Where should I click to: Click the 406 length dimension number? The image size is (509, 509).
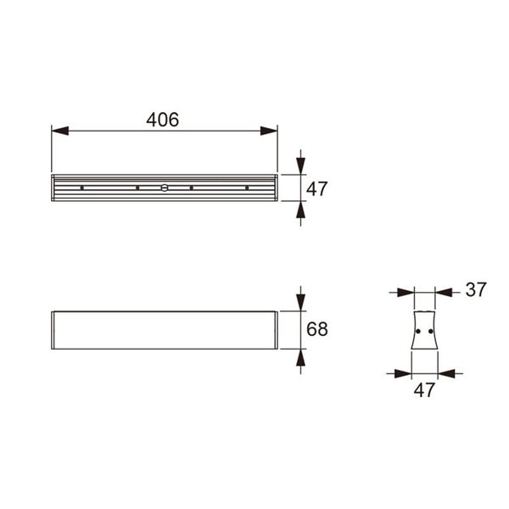coord(162,120)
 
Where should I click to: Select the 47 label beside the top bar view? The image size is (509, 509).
coord(316,189)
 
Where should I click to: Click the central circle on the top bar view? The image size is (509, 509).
coord(165,187)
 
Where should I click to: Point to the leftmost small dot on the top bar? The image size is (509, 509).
coord(82,187)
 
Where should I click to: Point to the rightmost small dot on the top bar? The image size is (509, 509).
coord(247,187)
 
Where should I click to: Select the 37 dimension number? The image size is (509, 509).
coord(475,290)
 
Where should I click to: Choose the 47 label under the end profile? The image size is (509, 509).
coord(424,391)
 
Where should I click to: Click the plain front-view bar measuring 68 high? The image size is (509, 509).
coord(164,330)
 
